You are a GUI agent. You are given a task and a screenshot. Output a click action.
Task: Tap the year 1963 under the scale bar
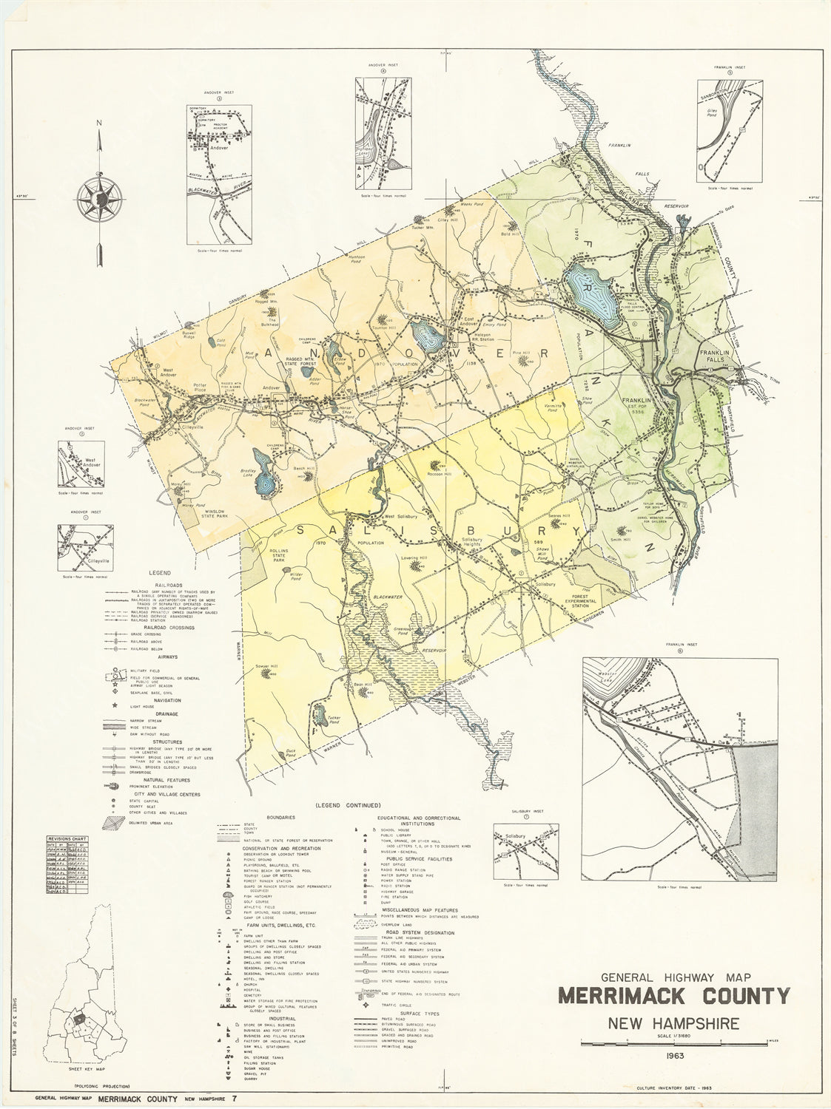coord(673,1055)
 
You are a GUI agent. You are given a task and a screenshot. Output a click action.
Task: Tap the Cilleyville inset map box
coord(86,548)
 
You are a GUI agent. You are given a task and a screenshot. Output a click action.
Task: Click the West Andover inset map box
coord(86,464)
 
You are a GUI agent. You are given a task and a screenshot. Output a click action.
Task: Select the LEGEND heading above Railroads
coord(159,573)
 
